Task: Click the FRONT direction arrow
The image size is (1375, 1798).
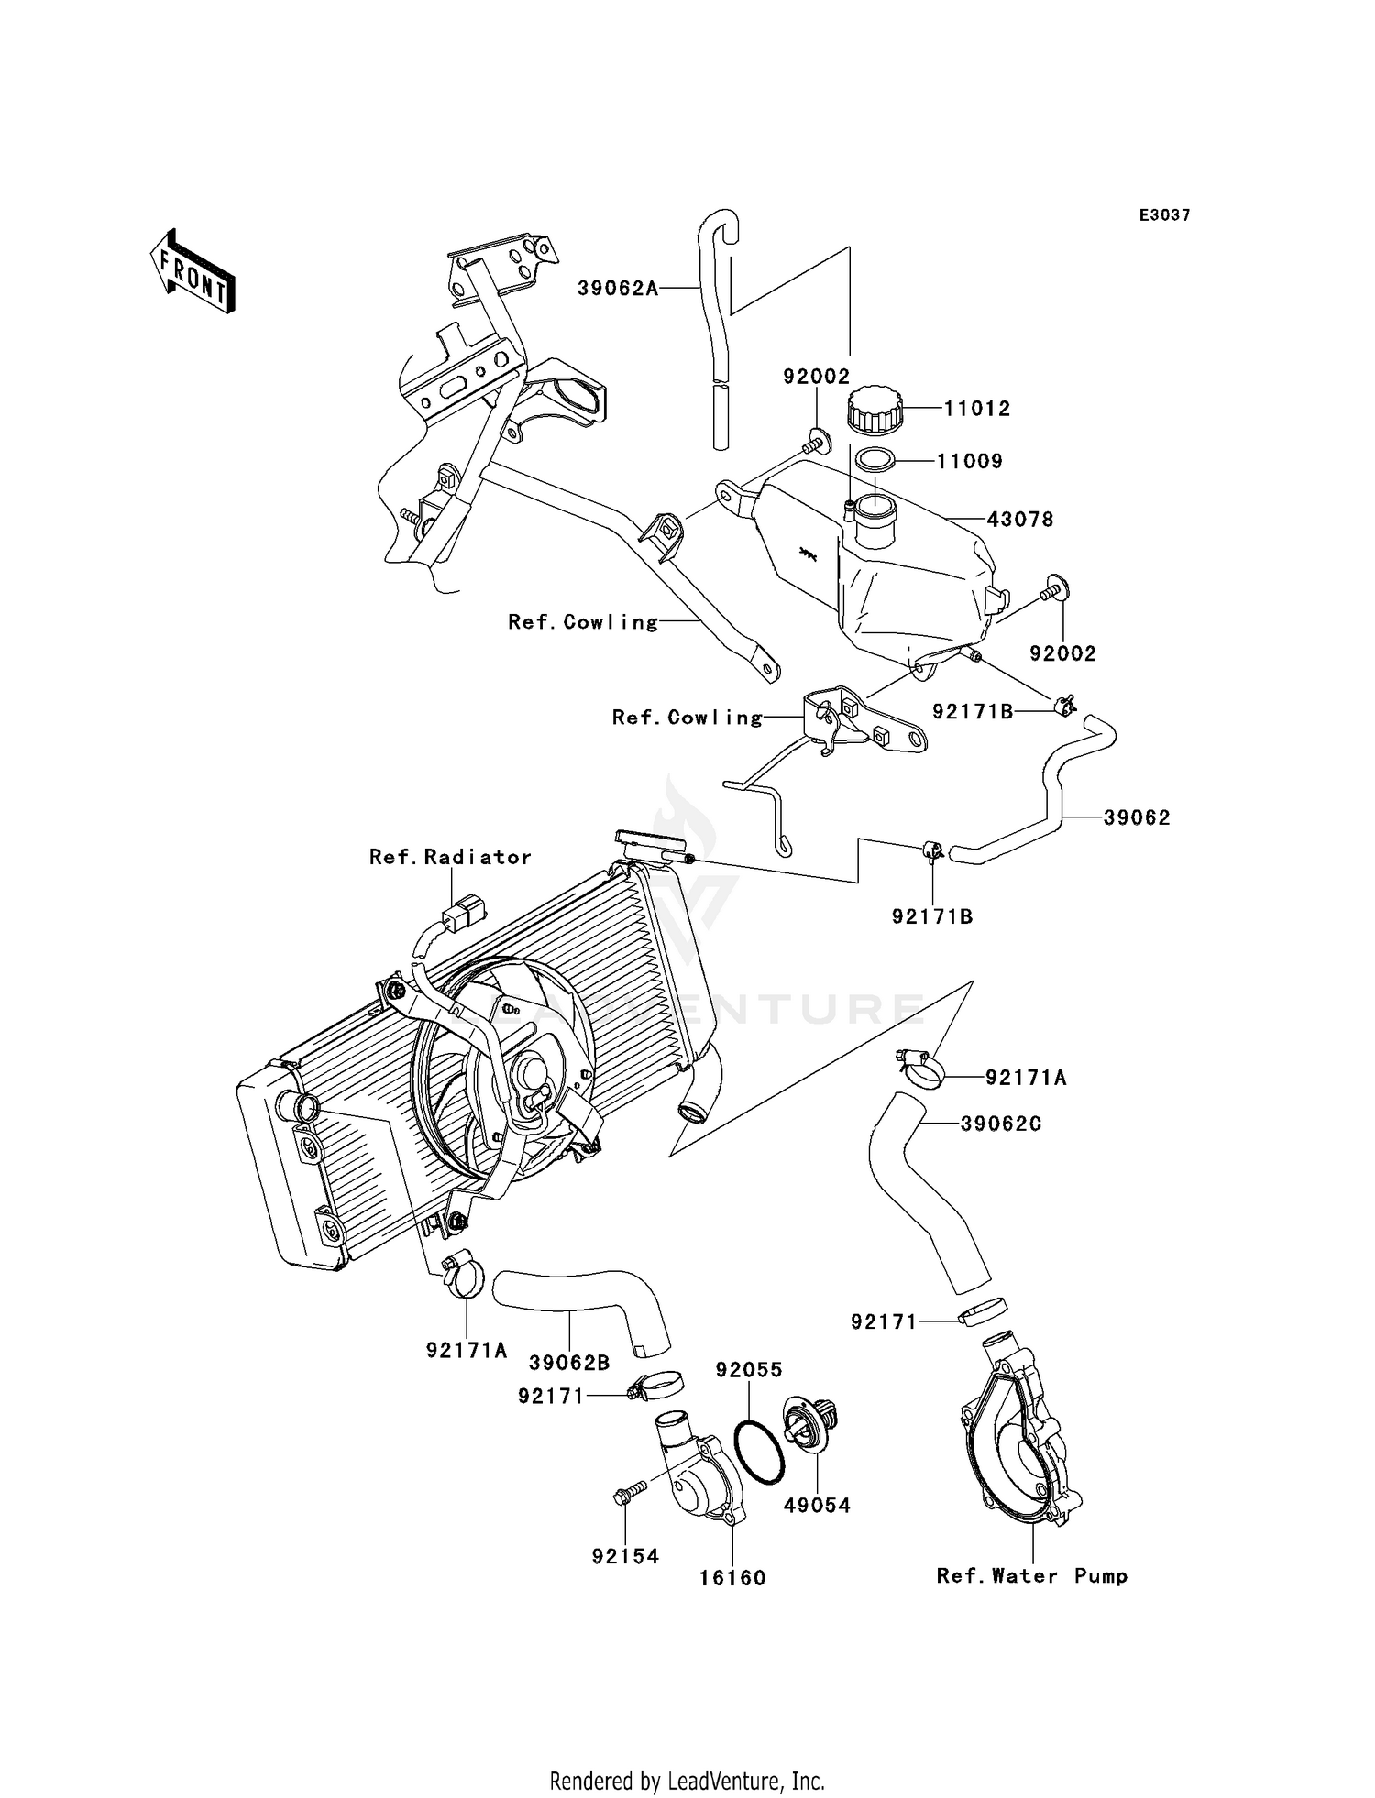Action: click(x=193, y=272)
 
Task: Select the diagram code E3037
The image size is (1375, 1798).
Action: click(x=1164, y=215)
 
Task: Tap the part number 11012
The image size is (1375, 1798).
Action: click(x=977, y=409)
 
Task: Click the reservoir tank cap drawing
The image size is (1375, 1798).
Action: click(x=874, y=410)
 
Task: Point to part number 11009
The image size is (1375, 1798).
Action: click(x=970, y=462)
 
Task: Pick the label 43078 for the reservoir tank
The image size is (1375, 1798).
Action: click(x=1020, y=520)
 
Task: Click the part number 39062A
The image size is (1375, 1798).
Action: click(x=617, y=289)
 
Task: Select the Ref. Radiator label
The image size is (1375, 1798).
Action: click(x=450, y=857)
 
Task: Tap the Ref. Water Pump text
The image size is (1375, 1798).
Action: click(x=1031, y=1576)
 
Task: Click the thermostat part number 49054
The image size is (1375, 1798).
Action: click(x=817, y=1505)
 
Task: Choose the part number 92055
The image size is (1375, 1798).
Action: click(x=749, y=1370)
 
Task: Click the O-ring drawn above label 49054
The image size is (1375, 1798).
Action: click(x=760, y=1452)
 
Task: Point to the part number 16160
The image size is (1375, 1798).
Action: click(x=732, y=1578)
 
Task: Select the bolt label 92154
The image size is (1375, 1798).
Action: click(x=625, y=1556)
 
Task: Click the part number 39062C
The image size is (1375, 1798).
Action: click(x=1001, y=1124)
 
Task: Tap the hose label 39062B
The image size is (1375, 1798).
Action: click(x=569, y=1363)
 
